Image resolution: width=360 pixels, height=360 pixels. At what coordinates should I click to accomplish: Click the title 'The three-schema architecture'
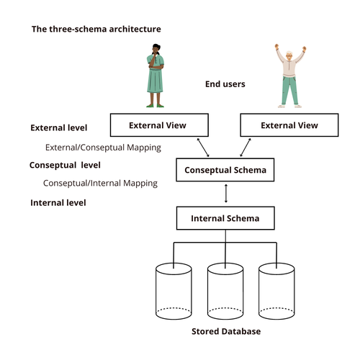coord(96,29)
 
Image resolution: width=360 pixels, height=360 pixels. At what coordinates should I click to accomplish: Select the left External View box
coord(159,125)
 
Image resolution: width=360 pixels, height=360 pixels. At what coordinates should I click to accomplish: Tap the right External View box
coord(289,125)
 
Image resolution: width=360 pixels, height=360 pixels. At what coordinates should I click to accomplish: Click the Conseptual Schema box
coord(225,170)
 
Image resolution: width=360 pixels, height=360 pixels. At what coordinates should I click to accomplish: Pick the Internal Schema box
coord(225,218)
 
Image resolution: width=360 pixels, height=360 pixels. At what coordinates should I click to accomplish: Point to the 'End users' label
coord(225,84)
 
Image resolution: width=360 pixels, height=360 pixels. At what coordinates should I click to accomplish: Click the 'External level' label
coord(59,127)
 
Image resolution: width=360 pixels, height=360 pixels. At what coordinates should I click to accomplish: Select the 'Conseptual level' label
coord(65,165)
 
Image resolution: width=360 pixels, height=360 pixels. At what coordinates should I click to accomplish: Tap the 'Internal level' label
coord(58,203)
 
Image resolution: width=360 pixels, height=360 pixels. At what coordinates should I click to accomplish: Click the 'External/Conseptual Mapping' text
coord(103,148)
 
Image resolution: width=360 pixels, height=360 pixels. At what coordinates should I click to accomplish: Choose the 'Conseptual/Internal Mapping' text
coord(100,183)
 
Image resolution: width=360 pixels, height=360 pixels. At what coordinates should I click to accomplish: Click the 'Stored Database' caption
coord(226,331)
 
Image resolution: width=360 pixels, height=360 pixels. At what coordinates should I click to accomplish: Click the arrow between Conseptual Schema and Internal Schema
coord(225,194)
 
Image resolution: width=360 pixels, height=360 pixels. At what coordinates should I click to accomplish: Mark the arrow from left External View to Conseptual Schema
coord(203,148)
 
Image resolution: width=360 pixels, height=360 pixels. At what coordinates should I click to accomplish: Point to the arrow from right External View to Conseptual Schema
coord(246,148)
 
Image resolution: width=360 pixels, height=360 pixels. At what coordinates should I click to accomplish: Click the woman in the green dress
coord(156,76)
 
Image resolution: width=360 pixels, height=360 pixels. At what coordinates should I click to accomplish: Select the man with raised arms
coord(290,76)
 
